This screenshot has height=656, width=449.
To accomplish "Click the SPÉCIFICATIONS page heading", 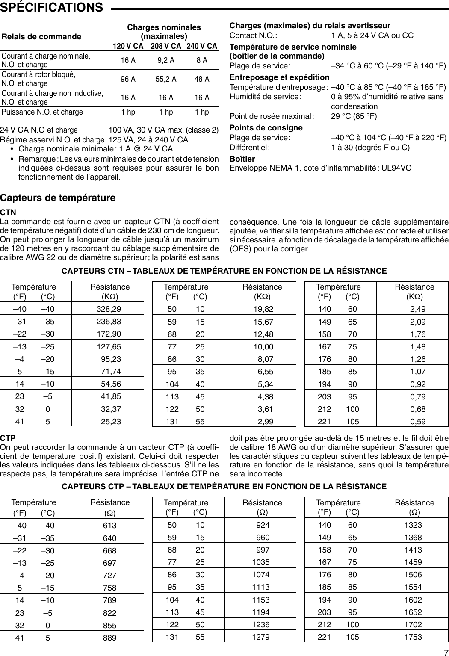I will click(52, 7).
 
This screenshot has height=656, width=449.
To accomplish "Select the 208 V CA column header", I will click(166, 46).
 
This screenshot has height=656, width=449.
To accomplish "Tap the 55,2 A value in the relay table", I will click(166, 79).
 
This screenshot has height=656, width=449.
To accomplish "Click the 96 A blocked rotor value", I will click(128, 79).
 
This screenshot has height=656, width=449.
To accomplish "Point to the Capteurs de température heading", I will click(58, 198).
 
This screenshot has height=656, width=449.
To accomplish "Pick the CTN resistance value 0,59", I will click(417, 421).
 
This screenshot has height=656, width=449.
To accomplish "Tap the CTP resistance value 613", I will click(110, 525).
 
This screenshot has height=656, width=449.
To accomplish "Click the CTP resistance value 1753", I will click(413, 637).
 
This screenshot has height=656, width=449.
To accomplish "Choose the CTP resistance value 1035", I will click(261, 562).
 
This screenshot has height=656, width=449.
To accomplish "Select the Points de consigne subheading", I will click(266, 128).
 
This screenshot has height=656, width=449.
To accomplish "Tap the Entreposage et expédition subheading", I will click(280, 77).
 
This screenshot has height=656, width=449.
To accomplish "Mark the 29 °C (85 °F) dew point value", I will click(354, 116).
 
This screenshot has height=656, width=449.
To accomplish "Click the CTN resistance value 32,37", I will click(111, 409).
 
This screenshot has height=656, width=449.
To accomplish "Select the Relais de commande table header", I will click(41, 37).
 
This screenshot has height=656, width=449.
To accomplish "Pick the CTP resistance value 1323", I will click(413, 525).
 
